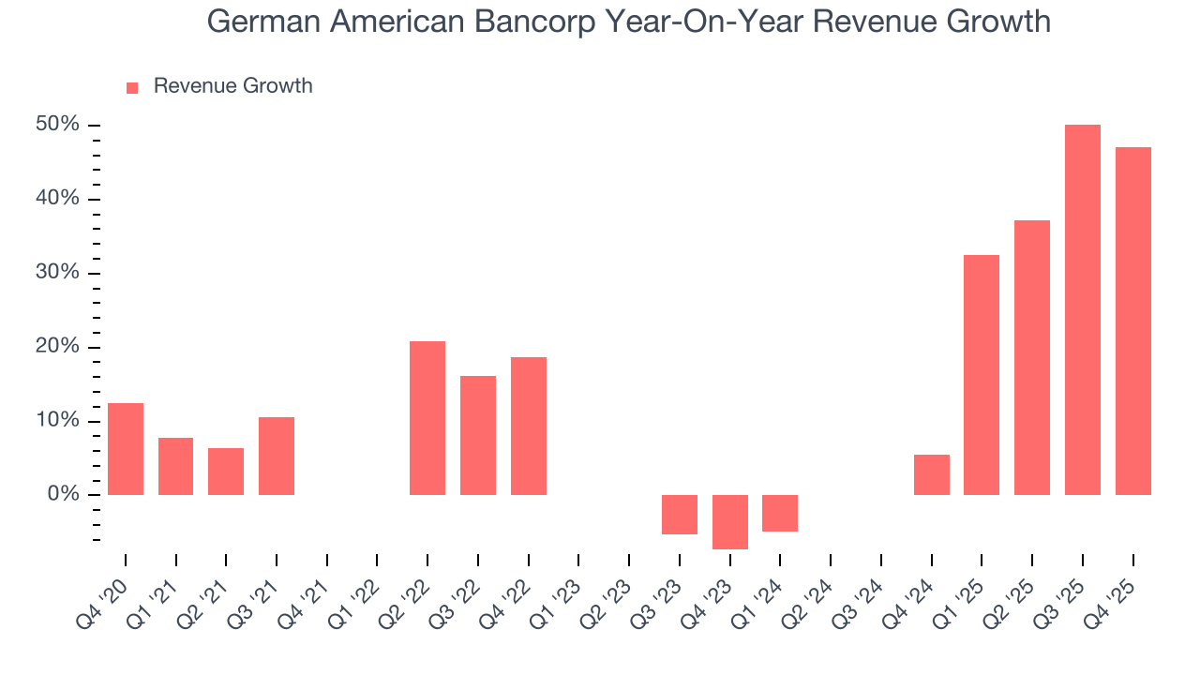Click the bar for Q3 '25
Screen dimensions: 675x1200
(1082, 309)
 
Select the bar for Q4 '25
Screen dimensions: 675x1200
(1132, 321)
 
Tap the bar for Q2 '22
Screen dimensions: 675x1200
(427, 418)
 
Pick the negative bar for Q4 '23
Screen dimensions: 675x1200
(729, 521)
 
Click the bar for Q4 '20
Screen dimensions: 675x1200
(126, 449)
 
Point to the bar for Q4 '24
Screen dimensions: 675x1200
(931, 474)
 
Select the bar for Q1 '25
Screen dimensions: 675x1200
(982, 375)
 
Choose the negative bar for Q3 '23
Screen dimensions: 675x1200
(680, 514)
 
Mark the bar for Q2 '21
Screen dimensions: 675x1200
(226, 472)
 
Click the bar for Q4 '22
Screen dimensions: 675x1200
(529, 426)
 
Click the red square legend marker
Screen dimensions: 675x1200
(132, 87)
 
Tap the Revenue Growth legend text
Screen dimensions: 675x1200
(232, 86)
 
